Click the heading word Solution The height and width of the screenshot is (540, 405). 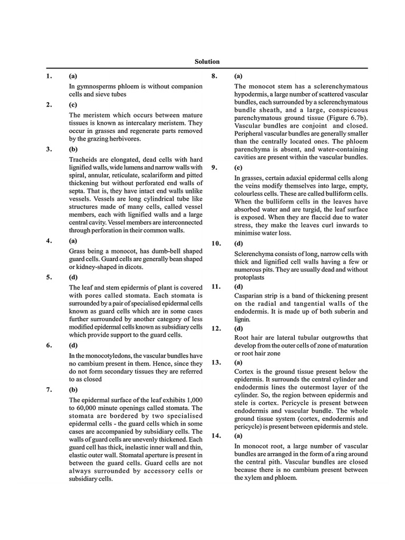207,62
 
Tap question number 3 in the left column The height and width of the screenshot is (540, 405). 49,149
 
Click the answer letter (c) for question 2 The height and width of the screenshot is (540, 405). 73,104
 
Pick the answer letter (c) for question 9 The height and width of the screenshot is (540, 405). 238,167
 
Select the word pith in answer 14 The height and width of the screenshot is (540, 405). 274,462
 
